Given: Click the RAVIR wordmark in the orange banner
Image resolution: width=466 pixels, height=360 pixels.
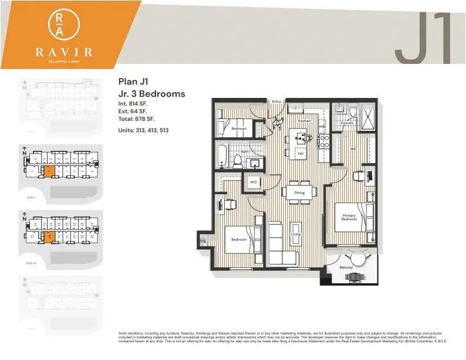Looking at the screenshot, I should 64,52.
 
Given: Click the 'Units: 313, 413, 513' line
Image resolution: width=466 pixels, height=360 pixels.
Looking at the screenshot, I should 143,130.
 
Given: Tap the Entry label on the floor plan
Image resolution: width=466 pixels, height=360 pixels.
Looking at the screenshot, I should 276,102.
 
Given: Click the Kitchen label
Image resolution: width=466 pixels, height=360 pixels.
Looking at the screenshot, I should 304,121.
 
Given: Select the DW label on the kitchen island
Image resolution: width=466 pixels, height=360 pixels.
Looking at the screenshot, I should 300,153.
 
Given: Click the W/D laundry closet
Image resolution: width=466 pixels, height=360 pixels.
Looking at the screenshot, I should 254,182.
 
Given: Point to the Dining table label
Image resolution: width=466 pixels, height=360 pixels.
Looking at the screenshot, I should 299,192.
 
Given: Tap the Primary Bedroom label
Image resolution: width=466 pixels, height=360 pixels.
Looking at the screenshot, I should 349,218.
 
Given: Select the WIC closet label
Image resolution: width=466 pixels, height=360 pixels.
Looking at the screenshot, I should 353,149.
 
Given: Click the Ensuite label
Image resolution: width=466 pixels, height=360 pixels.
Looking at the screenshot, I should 347,123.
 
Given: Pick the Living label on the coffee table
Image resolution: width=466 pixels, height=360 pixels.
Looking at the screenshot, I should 295,235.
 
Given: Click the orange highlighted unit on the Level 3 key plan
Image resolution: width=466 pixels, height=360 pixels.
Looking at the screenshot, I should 50,171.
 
